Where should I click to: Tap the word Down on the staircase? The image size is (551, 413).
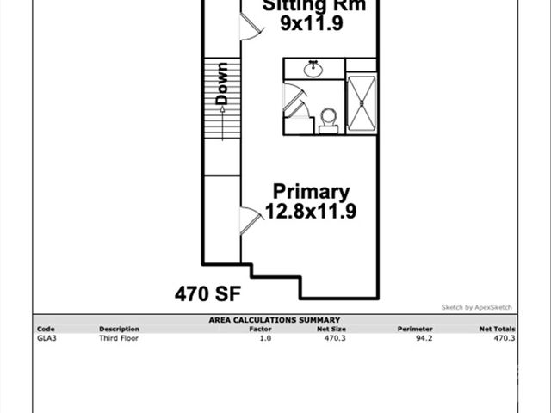point(222,83)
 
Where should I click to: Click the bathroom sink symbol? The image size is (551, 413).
point(313,69)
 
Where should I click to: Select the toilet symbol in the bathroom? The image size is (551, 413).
point(327,119)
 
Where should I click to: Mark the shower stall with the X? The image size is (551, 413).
point(361,103)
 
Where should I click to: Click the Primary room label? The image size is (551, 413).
point(311,191)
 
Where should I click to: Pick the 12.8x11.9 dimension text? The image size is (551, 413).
point(311,210)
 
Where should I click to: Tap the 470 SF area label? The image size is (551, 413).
point(207,294)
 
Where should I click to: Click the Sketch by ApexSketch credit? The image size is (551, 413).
point(476,307)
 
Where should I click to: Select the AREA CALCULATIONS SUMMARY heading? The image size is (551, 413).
point(274,320)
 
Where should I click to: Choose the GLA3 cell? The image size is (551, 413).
point(46,338)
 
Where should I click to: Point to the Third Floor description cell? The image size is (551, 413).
point(119,338)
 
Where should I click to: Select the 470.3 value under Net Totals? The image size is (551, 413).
point(504,338)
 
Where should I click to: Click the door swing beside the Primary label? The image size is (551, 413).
point(250,220)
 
